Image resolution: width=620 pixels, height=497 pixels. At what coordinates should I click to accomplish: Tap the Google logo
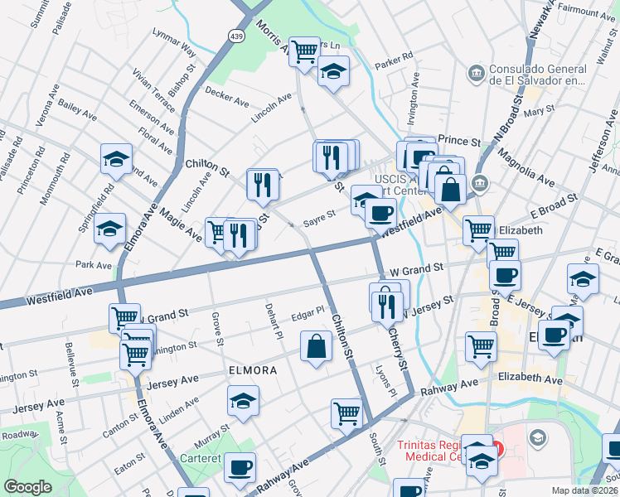pos(27,487)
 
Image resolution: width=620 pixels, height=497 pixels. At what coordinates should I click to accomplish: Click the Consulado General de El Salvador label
pos(540,75)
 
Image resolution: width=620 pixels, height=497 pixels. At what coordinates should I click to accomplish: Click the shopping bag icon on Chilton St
pos(317,346)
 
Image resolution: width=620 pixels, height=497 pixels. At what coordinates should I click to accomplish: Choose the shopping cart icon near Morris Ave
pos(304,51)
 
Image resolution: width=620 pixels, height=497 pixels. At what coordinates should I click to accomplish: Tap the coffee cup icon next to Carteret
pos(240,467)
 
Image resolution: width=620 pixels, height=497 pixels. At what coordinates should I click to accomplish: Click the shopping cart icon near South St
pos(346,413)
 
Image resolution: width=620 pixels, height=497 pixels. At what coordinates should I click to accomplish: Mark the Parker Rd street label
pos(394,61)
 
